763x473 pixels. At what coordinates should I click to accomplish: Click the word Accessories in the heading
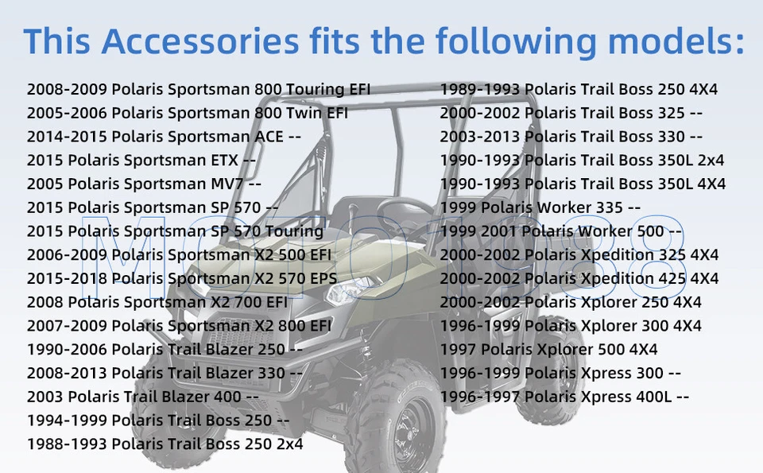(x=199, y=41)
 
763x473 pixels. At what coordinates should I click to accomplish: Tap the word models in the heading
(x=676, y=41)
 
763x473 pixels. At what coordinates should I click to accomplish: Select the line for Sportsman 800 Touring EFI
(x=199, y=90)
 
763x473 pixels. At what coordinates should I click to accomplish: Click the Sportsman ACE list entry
(x=164, y=137)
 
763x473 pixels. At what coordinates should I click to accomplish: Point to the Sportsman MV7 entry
(x=144, y=184)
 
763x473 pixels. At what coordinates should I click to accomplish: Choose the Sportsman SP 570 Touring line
(x=175, y=231)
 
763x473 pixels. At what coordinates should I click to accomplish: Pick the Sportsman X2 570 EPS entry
(x=182, y=279)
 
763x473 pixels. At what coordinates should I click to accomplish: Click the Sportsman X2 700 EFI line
(x=157, y=302)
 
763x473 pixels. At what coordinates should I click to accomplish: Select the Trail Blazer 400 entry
(x=143, y=397)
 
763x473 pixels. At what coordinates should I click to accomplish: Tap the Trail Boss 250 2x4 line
(x=165, y=444)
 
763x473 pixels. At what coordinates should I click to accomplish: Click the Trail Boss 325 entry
(x=571, y=113)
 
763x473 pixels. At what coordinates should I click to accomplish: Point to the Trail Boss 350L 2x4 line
(x=582, y=160)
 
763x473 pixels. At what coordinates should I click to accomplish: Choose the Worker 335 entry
(x=540, y=207)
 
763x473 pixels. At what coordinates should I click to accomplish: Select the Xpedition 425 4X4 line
(x=579, y=279)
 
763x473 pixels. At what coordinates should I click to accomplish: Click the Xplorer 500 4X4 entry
(x=549, y=350)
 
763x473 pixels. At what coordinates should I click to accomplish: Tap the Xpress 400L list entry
(x=564, y=397)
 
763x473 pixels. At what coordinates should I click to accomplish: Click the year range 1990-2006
(x=67, y=350)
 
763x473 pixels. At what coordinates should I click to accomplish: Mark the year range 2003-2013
(x=480, y=137)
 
